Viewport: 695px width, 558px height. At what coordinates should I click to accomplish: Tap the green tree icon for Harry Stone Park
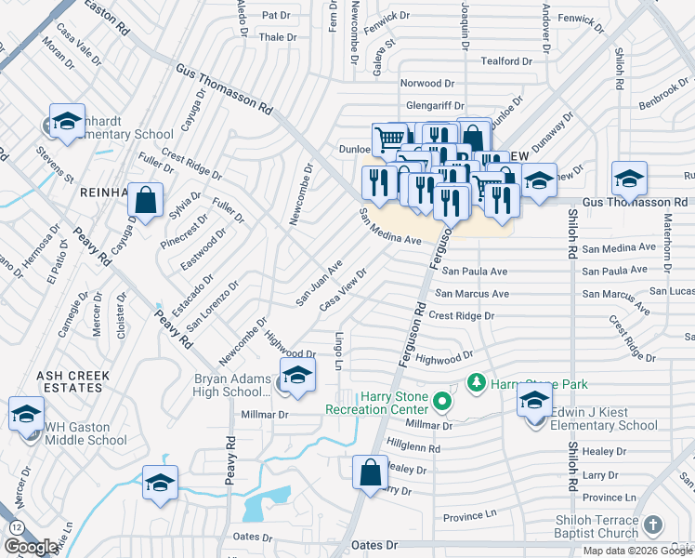coord(477,382)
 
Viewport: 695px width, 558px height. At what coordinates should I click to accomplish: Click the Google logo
coord(31,547)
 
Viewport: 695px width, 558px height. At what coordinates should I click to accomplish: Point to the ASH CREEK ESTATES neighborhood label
coord(73,382)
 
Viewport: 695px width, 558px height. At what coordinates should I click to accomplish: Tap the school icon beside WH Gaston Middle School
coord(27,415)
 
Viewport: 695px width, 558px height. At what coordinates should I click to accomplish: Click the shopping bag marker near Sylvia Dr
coord(146,199)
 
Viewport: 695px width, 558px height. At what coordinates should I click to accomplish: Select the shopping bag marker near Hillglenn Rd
coord(371,472)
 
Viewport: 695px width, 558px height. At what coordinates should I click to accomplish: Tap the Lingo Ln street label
coord(341,351)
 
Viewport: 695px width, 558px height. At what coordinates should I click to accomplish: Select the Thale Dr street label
coord(278,37)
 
